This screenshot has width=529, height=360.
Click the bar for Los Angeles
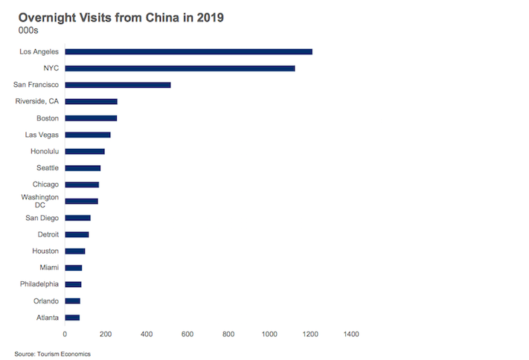point(188,51)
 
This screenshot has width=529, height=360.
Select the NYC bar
point(180,68)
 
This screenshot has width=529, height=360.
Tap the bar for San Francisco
point(118,85)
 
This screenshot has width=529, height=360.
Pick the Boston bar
point(91,118)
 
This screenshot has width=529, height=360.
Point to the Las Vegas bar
point(88,135)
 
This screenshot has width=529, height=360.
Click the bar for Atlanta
point(72,318)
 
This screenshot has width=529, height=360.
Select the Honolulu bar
point(85,151)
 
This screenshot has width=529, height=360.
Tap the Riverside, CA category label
point(37,101)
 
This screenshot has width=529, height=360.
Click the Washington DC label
point(40,201)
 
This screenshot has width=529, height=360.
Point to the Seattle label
point(48,167)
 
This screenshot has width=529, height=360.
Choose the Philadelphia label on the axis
point(39,284)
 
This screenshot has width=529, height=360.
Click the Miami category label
point(48,268)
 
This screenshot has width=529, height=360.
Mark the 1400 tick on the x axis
point(350,334)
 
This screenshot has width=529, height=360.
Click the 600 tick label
point(187,334)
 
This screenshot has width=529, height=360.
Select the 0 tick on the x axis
point(65,334)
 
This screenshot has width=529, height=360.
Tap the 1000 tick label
point(269,334)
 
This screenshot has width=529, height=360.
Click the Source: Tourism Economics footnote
point(53,354)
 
